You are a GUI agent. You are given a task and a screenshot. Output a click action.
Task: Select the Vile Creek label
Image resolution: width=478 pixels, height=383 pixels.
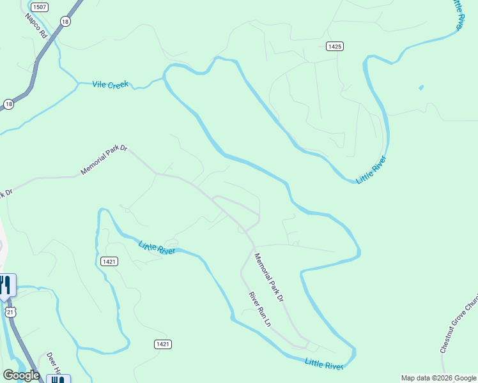[x=110, y=84]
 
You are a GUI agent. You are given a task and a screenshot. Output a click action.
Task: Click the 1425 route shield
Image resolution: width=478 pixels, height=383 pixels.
[x=334, y=46]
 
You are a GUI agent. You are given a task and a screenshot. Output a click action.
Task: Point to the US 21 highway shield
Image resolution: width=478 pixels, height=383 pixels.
[x=9, y=311]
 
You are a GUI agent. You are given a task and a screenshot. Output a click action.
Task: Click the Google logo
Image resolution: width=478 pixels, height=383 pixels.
[x=21, y=375]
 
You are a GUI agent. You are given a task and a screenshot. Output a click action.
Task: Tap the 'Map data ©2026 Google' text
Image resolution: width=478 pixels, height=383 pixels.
[x=438, y=378]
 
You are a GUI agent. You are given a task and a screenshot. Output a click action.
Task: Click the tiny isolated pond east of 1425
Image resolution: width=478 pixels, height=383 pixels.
[x=420, y=87]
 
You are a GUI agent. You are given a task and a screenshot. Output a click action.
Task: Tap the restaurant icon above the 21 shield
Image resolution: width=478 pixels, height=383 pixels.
[x=6, y=285]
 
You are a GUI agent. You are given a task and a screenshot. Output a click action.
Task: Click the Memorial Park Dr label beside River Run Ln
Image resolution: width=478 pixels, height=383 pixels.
[x=269, y=277]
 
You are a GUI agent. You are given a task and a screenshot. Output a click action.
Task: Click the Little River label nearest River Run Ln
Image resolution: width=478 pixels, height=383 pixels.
[x=325, y=364]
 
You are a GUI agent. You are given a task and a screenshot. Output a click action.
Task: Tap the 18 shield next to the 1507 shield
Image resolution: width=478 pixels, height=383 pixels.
[x=65, y=21]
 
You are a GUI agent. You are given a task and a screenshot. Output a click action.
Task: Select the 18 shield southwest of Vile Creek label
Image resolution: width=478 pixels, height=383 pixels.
[x=8, y=103]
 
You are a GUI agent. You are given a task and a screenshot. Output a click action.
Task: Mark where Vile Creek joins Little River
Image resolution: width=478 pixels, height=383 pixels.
[x=164, y=78]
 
